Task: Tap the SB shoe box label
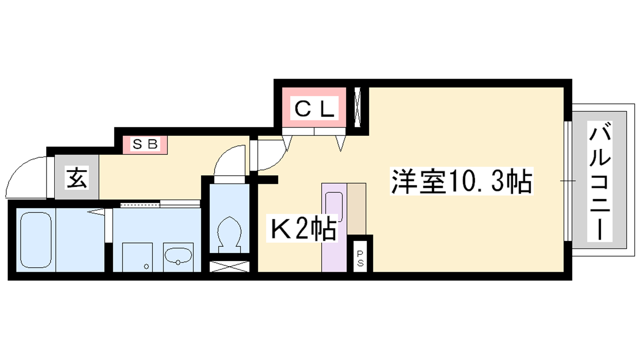point(145,144)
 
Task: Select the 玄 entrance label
point(76,177)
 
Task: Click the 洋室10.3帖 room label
point(462,181)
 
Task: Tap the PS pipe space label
point(360,258)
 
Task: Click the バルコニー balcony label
point(600,182)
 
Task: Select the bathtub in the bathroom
point(36,240)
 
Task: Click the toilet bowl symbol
point(229,234)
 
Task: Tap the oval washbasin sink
point(178,256)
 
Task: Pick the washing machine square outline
point(138,257)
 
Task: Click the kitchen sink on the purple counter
point(334,207)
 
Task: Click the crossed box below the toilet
point(230,266)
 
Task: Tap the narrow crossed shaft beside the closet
point(357,107)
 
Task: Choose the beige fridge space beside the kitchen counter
point(356,209)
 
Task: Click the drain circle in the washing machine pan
point(146,266)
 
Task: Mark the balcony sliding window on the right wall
point(568,181)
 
